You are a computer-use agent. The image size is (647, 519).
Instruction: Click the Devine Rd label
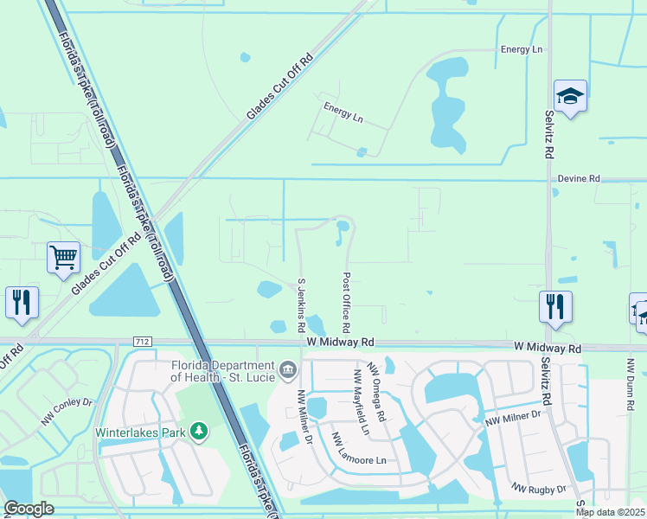click(578, 179)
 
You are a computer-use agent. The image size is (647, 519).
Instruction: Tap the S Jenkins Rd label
click(302, 305)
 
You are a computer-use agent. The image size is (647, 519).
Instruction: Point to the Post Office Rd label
click(346, 304)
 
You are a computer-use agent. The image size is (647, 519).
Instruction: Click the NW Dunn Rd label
click(627, 381)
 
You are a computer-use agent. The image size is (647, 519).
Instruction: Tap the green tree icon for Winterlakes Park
click(200, 430)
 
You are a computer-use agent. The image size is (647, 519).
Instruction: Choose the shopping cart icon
click(64, 257)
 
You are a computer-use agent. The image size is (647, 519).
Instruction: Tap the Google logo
click(29, 509)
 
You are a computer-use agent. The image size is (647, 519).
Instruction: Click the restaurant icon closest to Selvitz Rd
click(554, 306)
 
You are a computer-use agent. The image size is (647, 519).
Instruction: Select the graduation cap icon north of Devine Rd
click(570, 96)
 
